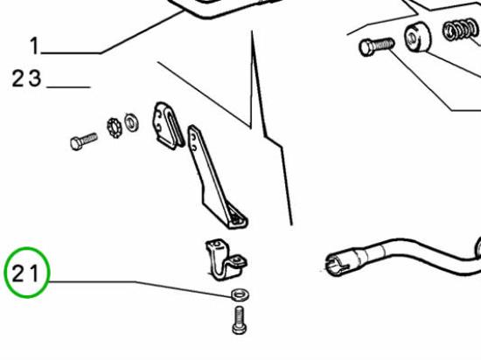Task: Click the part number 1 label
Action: click(x=35, y=46)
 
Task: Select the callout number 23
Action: click(x=26, y=79)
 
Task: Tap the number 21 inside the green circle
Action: click(x=25, y=273)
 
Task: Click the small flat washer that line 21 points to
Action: click(x=240, y=294)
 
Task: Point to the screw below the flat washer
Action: click(x=240, y=320)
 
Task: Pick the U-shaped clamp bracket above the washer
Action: click(x=226, y=260)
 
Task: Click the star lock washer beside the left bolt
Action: click(x=115, y=128)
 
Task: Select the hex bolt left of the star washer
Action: click(x=84, y=141)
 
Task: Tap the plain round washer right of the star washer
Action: click(x=131, y=122)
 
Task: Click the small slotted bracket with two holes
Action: click(x=168, y=126)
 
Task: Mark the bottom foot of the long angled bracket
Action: click(x=238, y=220)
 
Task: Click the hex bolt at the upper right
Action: click(x=376, y=46)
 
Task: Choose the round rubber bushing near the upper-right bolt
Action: click(x=417, y=36)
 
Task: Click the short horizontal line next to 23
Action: click(x=68, y=87)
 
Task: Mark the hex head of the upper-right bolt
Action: click(x=366, y=48)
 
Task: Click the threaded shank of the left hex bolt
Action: click(x=89, y=138)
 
